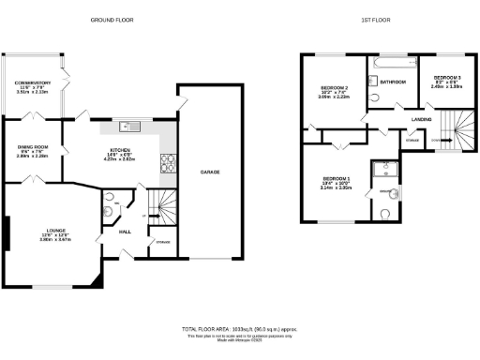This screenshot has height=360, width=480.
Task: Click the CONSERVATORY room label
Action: [32, 82]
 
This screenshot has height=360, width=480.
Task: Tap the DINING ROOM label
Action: [32, 148]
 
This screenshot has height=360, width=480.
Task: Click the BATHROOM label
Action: [392, 82]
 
